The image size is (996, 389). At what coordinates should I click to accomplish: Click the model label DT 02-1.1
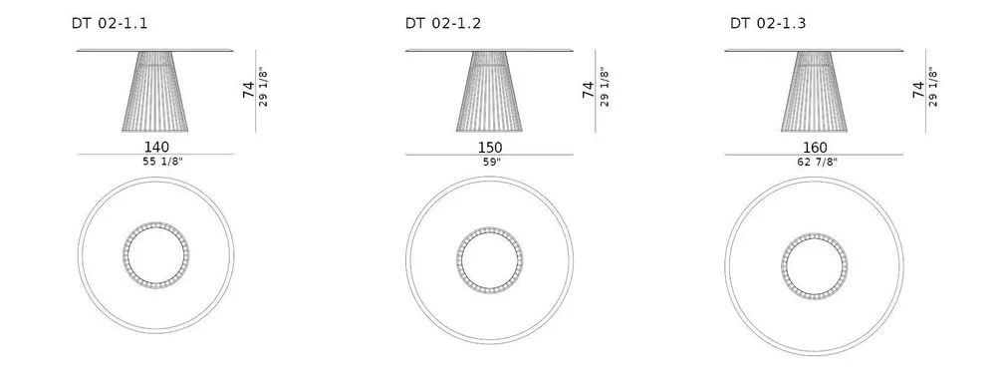coord(110,24)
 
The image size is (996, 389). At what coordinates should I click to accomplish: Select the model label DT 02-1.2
coord(443,24)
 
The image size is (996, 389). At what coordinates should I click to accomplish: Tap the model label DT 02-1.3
coord(768,24)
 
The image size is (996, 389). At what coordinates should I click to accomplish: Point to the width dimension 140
coord(157,148)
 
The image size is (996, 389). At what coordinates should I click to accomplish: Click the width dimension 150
coord(490,148)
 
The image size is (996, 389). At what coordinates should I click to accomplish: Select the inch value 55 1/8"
coord(162,162)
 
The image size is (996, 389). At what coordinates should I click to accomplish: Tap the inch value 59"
coord(492,162)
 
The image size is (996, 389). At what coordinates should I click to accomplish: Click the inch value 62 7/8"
coord(818,162)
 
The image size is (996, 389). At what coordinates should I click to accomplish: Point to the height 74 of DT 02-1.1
coord(248,90)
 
